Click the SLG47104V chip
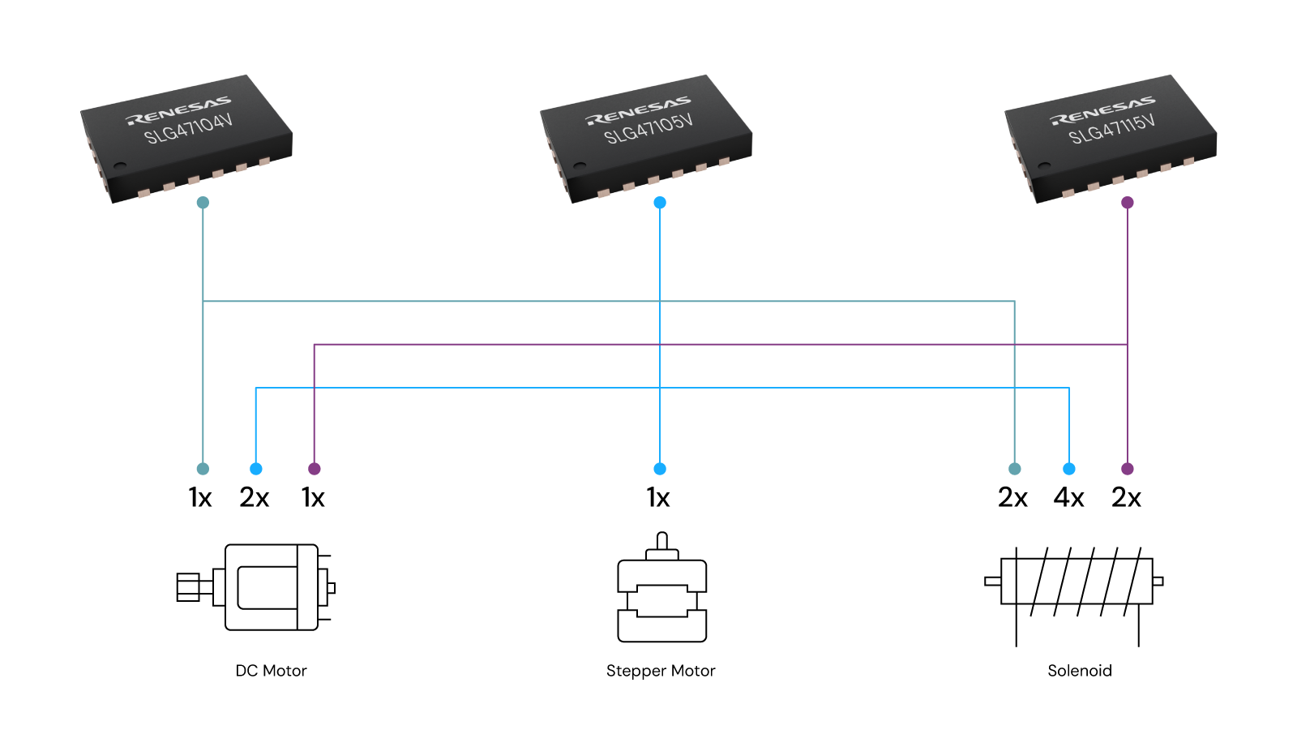(186, 138)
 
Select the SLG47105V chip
(646, 138)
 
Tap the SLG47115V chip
(1111, 138)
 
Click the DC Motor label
(271, 671)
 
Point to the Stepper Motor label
(661, 671)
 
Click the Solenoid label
(1080, 671)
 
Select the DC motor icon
(256, 587)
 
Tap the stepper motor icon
(661, 589)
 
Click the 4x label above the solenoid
(1068, 497)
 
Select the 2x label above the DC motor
(254, 497)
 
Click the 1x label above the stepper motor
(658, 497)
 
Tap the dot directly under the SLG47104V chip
(203, 203)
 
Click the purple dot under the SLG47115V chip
(1127, 203)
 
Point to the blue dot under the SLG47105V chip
(660, 203)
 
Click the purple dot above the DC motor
(315, 469)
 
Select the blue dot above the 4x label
(1069, 469)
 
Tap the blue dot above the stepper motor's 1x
(660, 469)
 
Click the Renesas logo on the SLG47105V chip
(638, 111)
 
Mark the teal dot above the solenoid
(1014, 469)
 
